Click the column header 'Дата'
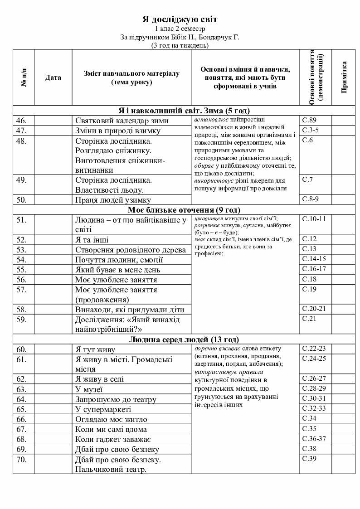pyautogui.click(x=53, y=78)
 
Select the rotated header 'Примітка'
pyautogui.click(x=344, y=77)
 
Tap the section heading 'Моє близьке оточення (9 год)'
pyautogui.click(x=184, y=210)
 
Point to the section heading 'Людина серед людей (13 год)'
pyautogui.click(x=184, y=339)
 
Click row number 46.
pyautogui.click(x=21, y=121)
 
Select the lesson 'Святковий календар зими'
pyautogui.click(x=122, y=121)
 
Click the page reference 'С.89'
pyautogui.click(x=309, y=120)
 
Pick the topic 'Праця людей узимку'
pyautogui.click(x=113, y=200)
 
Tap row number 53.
pyautogui.click(x=21, y=250)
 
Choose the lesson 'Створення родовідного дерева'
pyautogui.click(x=130, y=250)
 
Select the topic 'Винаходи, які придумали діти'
pyautogui.click(x=130, y=310)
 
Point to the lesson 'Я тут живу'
pyautogui.click(x=95, y=349)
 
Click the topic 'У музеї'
pyautogui.click(x=89, y=389)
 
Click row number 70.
pyautogui.click(x=21, y=459)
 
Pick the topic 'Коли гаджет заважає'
pyautogui.click(x=113, y=439)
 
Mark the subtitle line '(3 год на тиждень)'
pyautogui.click(x=180, y=45)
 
